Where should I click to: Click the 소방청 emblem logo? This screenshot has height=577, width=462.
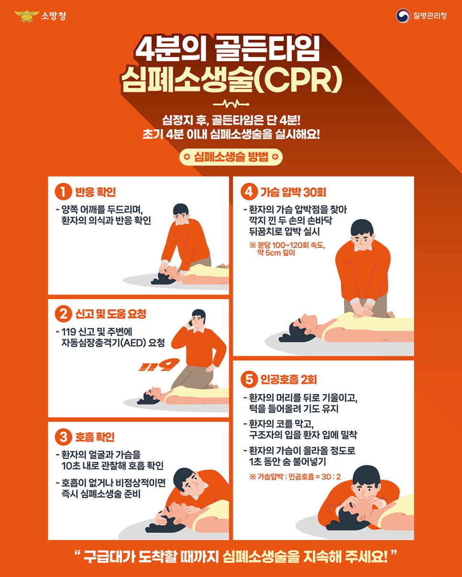click(x=27, y=16)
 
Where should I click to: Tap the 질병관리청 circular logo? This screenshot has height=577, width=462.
click(x=403, y=16)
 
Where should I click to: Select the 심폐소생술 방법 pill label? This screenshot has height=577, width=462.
click(x=231, y=157)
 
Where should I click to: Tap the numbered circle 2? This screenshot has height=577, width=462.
click(x=63, y=314)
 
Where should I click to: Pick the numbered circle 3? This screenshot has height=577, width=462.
click(x=63, y=437)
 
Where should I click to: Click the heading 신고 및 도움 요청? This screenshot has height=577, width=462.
click(x=110, y=314)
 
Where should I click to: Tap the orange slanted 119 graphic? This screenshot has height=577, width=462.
click(x=153, y=366)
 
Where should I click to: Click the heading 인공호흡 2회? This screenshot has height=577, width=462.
click(x=288, y=380)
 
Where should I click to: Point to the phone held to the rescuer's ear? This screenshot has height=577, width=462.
click(x=191, y=323)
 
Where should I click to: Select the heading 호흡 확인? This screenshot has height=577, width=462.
click(x=95, y=437)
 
